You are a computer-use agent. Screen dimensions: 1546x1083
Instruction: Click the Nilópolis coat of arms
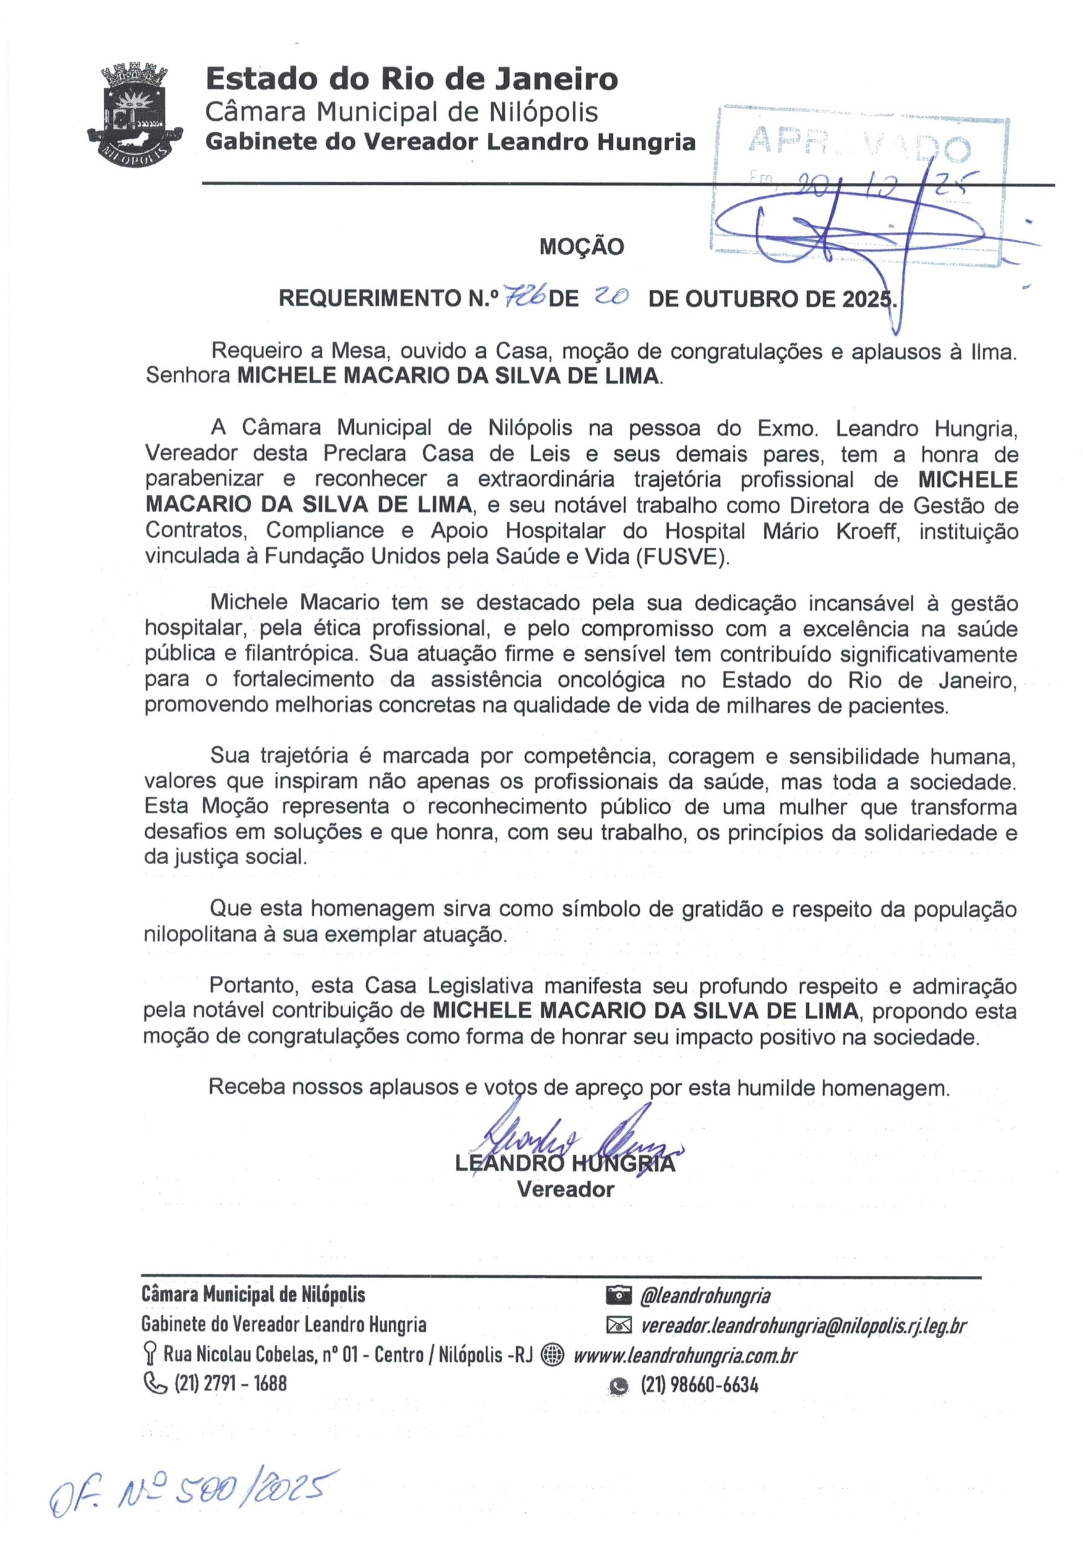coord(135,112)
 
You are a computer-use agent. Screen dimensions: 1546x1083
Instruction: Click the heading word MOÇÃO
coord(581,247)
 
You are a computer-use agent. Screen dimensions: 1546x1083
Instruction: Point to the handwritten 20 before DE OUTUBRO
coord(612,297)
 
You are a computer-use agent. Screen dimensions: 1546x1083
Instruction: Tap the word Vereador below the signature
coord(566,1189)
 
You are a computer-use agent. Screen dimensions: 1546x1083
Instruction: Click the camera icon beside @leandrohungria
coord(619,1294)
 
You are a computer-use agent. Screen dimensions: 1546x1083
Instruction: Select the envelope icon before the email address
coord(619,1326)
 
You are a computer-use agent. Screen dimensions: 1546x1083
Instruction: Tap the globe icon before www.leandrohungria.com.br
coord(552,1355)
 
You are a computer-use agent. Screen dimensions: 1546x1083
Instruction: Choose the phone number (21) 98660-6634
coord(698,1385)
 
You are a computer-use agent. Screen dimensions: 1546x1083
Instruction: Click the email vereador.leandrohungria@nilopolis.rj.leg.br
coord(803,1326)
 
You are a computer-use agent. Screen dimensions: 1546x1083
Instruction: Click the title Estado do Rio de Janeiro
coord(411,80)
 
